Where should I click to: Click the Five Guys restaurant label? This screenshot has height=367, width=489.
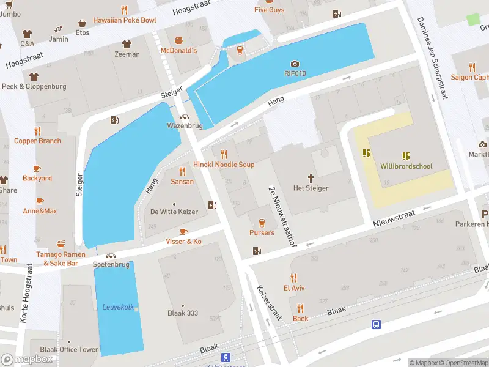(269, 10)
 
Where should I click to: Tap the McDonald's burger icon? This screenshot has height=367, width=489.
(178, 40)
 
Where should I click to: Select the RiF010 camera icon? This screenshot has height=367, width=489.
(295, 64)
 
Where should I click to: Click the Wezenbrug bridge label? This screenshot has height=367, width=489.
(184, 126)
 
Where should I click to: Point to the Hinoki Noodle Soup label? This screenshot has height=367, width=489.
(224, 165)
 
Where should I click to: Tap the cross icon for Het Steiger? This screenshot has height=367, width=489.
(311, 178)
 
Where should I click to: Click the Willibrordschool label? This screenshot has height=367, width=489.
(406, 166)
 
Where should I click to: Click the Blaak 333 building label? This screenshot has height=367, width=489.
(183, 313)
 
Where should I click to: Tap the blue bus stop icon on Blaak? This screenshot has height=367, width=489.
(377, 324)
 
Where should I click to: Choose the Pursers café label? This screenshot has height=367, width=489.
(262, 232)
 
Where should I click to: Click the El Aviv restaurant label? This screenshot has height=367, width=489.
(293, 287)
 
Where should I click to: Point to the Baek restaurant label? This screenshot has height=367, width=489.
(300, 318)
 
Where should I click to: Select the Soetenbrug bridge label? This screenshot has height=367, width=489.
(111, 264)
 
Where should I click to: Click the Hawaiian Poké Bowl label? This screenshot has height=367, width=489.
(125, 20)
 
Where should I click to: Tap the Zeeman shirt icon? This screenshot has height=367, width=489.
(127, 44)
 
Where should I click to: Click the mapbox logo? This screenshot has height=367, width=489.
(27, 360)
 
